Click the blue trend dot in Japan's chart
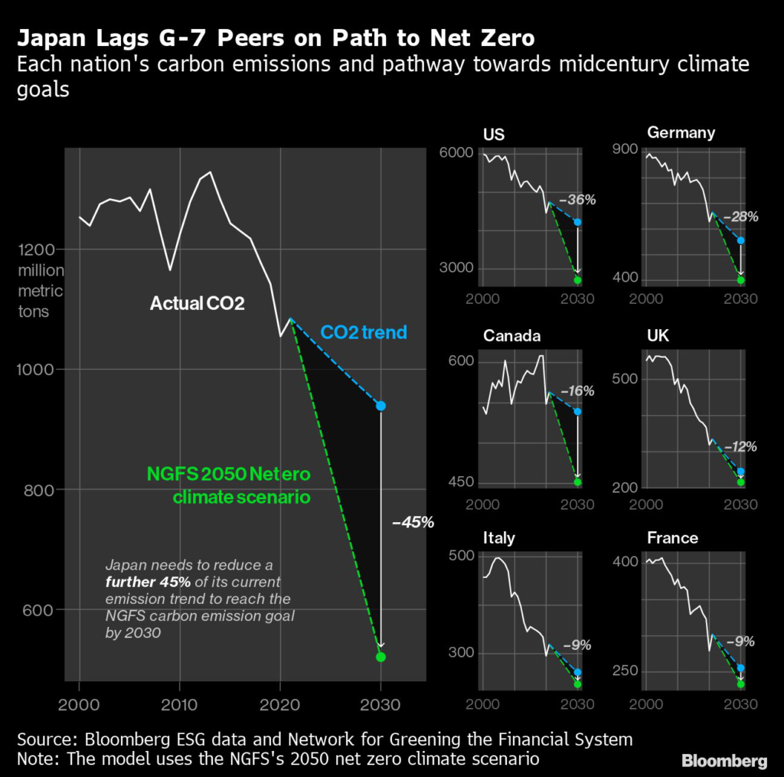coord(381,406)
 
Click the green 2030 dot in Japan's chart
coord(381,657)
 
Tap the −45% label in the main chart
coord(413,523)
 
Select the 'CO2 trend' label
coord(363,333)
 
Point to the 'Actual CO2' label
coord(197,304)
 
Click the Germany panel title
coord(681,132)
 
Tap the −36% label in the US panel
coord(577,200)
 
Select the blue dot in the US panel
coord(577,222)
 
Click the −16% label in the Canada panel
coord(577,391)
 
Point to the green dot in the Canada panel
coord(577,482)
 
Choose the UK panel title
coord(657,336)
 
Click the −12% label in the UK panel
coord(740,446)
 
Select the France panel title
coord(672,538)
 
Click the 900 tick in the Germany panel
coord(626,149)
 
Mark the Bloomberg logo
coord(724,760)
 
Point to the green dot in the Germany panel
coord(740,280)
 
